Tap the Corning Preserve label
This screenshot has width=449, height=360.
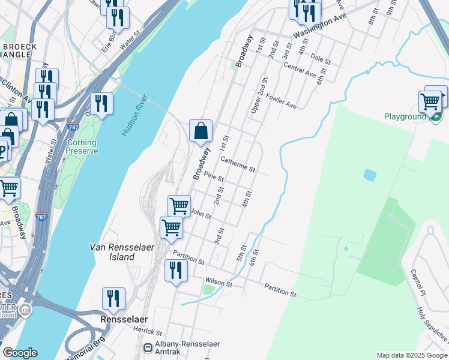point(82,147)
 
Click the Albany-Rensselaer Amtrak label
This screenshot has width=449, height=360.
point(187,349)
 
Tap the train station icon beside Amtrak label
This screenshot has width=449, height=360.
point(148,347)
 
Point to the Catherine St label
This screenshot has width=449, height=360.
point(238,164)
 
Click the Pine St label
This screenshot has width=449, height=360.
point(214,178)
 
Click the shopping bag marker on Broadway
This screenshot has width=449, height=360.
point(200,131)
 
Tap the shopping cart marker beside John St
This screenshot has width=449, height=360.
point(179,206)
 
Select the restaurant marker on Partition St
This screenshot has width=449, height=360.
point(176,271)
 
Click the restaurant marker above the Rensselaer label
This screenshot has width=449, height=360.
point(113,298)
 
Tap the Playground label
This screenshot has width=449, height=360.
point(405,116)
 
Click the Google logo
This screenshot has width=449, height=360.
point(20,353)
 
